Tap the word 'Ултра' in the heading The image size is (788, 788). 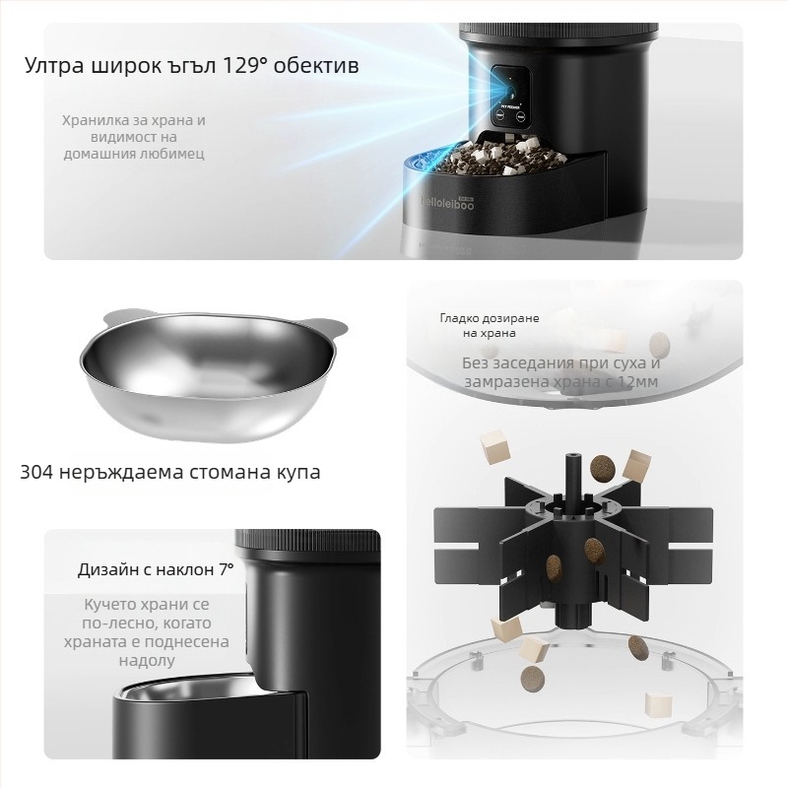click(x=54, y=66)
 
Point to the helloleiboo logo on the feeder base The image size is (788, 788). click(x=447, y=203)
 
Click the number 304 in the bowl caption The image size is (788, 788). click(x=36, y=472)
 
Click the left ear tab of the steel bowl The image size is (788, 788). click(x=119, y=316)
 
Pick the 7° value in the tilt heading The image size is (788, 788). click(x=227, y=569)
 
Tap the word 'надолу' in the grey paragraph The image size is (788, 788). click(x=147, y=660)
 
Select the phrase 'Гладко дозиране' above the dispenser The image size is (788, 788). click(x=490, y=318)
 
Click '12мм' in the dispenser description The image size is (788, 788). click(x=637, y=382)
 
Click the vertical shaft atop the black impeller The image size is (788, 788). click(x=573, y=478)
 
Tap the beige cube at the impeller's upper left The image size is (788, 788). click(x=494, y=445)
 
